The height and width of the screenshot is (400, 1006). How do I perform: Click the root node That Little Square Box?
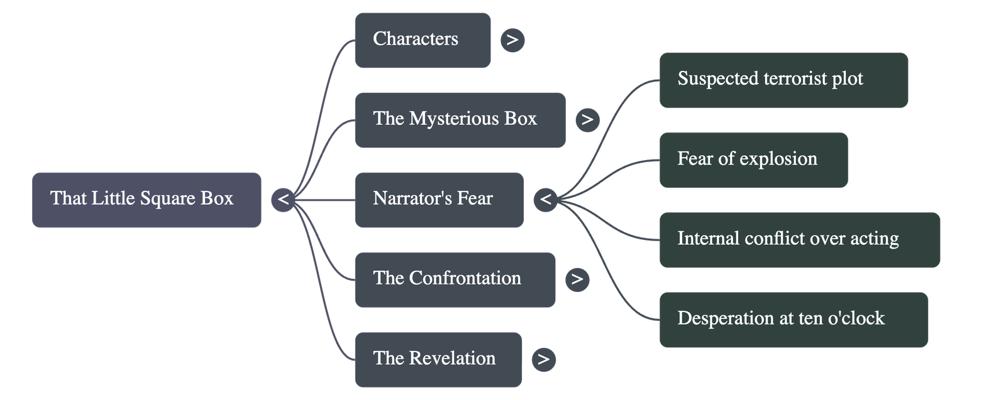coord(146,199)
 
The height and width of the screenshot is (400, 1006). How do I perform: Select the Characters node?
coord(422,40)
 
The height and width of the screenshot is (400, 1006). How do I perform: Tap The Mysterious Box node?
coord(460,119)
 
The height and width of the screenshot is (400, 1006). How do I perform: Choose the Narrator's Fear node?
coord(438,199)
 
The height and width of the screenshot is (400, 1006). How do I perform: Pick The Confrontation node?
coord(455,279)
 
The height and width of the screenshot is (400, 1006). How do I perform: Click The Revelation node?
coord(438,359)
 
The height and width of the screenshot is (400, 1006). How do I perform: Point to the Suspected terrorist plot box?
coord(783,79)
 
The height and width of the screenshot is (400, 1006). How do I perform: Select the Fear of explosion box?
coord(753,159)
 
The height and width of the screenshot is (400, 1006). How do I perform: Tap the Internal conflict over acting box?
coord(800,239)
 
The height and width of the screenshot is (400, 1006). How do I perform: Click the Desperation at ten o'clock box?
coord(793,318)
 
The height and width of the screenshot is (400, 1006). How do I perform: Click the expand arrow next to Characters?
coord(512,40)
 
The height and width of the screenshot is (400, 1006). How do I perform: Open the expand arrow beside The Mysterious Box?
coord(587,120)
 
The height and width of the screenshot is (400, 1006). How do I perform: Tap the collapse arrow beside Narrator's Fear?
coord(545,200)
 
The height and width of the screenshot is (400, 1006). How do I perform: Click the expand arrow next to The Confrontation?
coord(577,279)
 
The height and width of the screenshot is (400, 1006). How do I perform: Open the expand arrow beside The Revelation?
coord(543,359)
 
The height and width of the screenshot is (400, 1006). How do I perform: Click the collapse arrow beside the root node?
coord(283,200)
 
